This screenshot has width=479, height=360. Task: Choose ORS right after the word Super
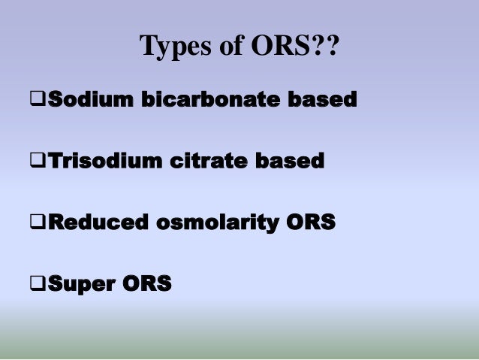click(x=145, y=285)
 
